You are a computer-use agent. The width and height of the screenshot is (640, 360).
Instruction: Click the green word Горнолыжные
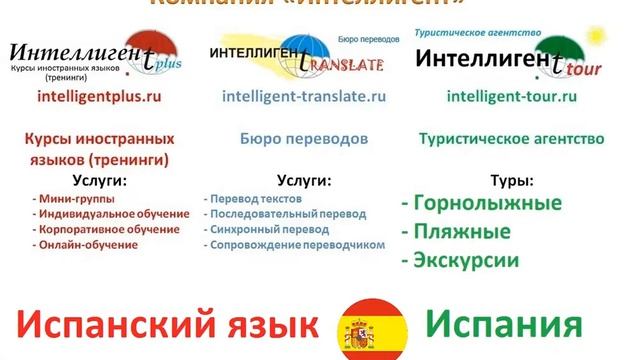(481, 205)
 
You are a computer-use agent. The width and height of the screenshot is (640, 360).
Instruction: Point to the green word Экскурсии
(460, 261)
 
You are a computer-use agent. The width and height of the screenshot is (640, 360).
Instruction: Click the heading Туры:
(510, 182)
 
